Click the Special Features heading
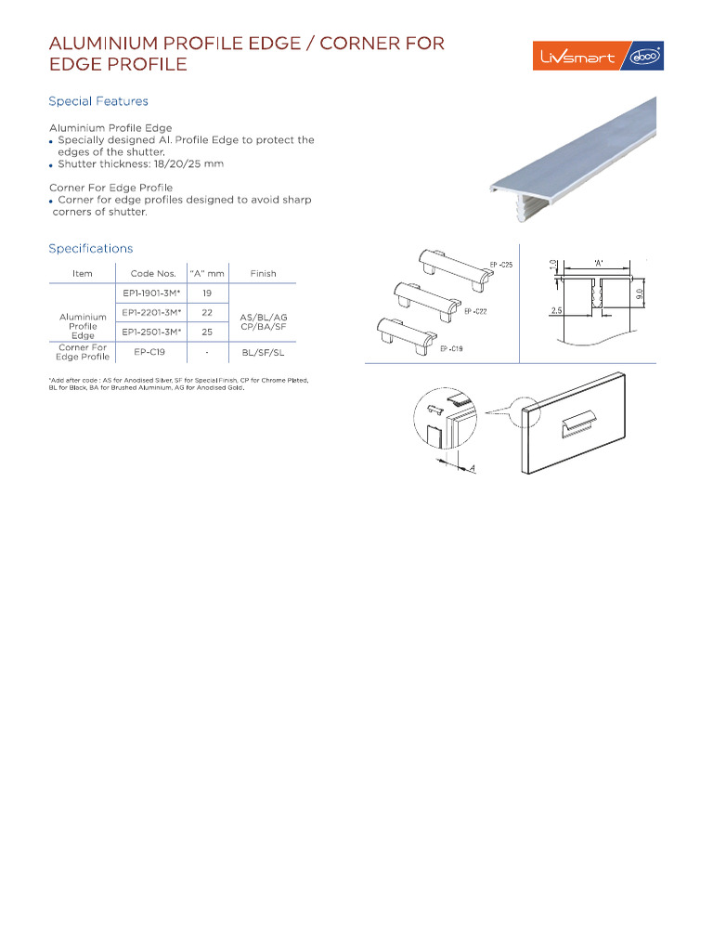click(98, 101)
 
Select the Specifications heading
click(91, 248)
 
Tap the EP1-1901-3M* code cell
click(151, 293)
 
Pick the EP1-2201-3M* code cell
click(151, 312)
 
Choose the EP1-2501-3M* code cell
click(151, 331)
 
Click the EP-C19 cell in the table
click(150, 352)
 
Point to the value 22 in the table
click(207, 312)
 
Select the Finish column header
click(263, 273)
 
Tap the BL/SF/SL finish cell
click(263, 353)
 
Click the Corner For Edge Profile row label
click(83, 352)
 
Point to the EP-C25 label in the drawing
click(501, 266)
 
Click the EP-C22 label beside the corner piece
click(474, 311)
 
